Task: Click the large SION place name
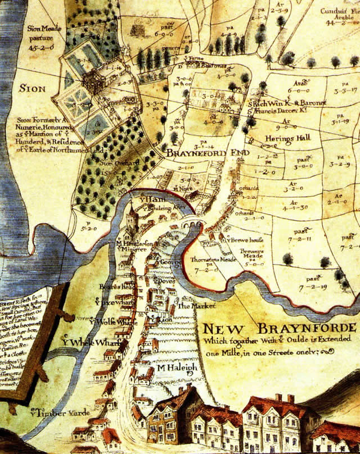[32, 88]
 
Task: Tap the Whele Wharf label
[84, 340]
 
